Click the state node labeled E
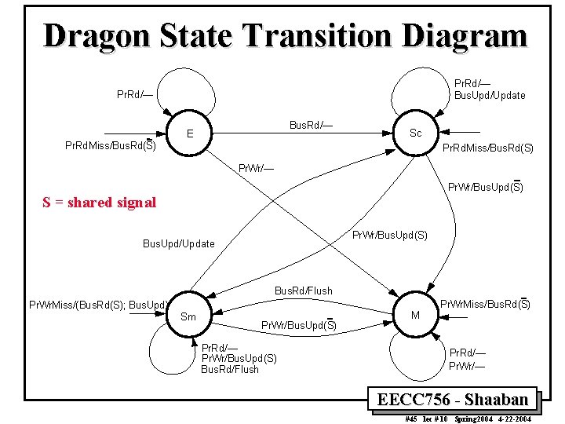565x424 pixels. pos(191,133)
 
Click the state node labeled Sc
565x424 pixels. pos(416,133)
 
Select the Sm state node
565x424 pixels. pos(188,316)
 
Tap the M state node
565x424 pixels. pos(416,315)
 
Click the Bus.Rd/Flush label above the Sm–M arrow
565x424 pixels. pos(303,291)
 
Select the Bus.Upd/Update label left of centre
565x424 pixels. pos(178,243)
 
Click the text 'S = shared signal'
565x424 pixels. pos(99,203)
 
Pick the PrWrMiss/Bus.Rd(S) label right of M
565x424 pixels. pos(484,304)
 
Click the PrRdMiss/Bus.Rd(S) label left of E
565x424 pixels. pos(110,145)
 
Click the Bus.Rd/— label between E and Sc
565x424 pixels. pos(311,125)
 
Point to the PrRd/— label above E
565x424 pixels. pos(134,95)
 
